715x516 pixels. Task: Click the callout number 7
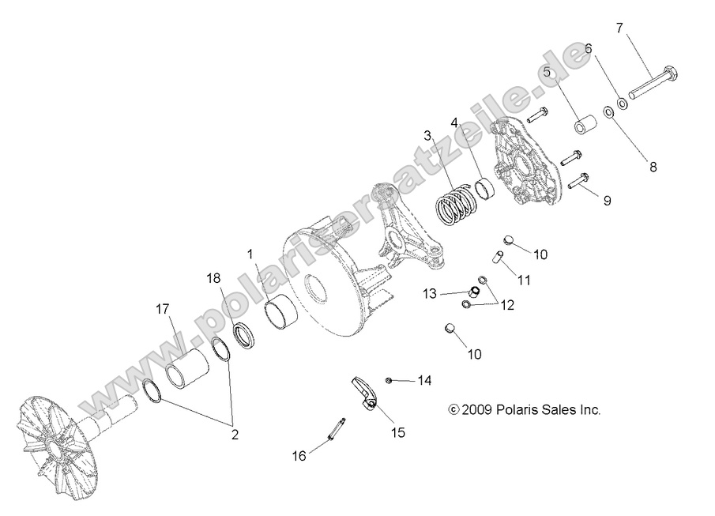[x=620, y=28]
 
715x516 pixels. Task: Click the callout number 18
[x=214, y=279]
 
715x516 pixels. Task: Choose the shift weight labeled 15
[x=364, y=394]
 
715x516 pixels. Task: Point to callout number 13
[x=429, y=294]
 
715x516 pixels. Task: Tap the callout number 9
[x=607, y=201]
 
